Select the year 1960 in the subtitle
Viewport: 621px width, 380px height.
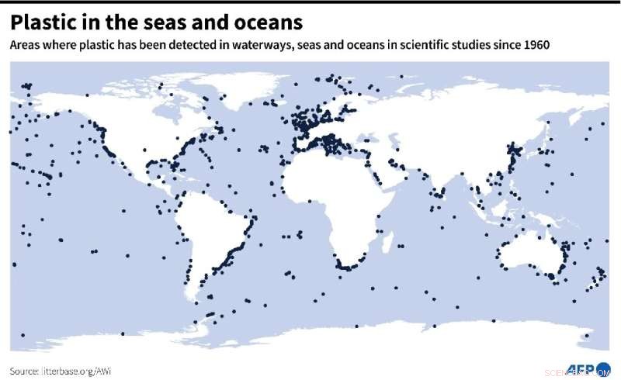(x=535, y=44)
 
